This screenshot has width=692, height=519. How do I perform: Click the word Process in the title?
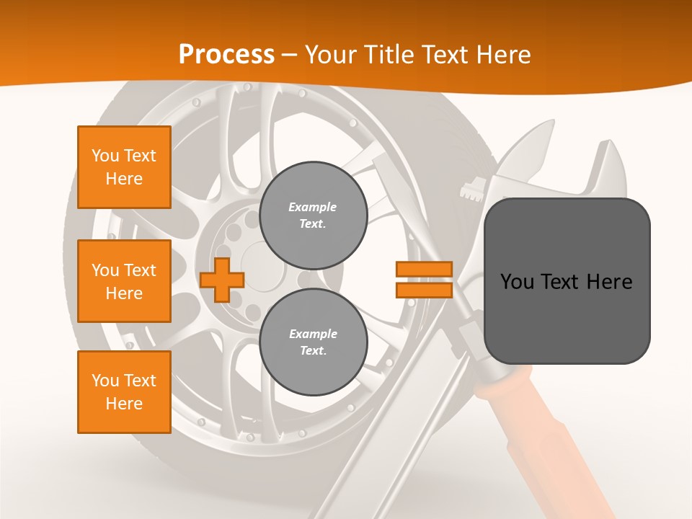(226, 55)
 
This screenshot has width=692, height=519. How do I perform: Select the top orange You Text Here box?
(124, 167)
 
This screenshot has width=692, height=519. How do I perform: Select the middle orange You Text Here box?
(124, 281)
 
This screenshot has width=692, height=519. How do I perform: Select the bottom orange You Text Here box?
(124, 392)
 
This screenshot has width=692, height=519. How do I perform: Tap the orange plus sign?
(221, 280)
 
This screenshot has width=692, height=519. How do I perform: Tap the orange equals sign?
(424, 280)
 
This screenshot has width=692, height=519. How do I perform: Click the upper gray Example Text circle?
(313, 216)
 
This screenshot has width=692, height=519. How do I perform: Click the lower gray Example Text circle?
(313, 342)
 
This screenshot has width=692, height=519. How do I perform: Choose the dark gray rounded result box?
(567, 280)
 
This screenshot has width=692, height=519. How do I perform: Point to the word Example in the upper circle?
(313, 207)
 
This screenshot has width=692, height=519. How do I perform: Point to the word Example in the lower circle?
(313, 334)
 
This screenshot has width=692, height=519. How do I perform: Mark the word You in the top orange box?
(105, 156)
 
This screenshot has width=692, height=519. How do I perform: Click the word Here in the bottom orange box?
(124, 404)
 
